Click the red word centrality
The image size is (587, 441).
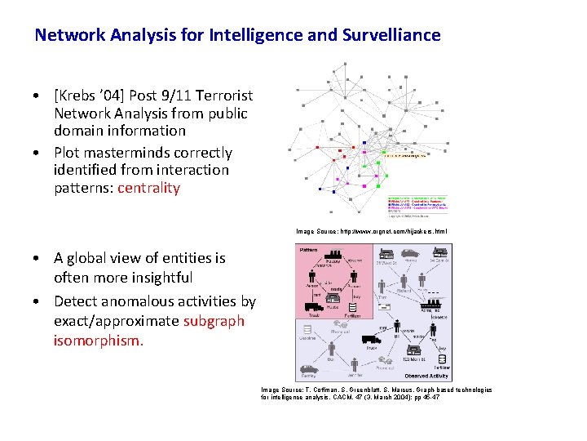(148, 188)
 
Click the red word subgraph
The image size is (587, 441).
(214, 321)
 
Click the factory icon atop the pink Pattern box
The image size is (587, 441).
(324, 260)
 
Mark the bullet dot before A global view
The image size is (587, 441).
(38, 259)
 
